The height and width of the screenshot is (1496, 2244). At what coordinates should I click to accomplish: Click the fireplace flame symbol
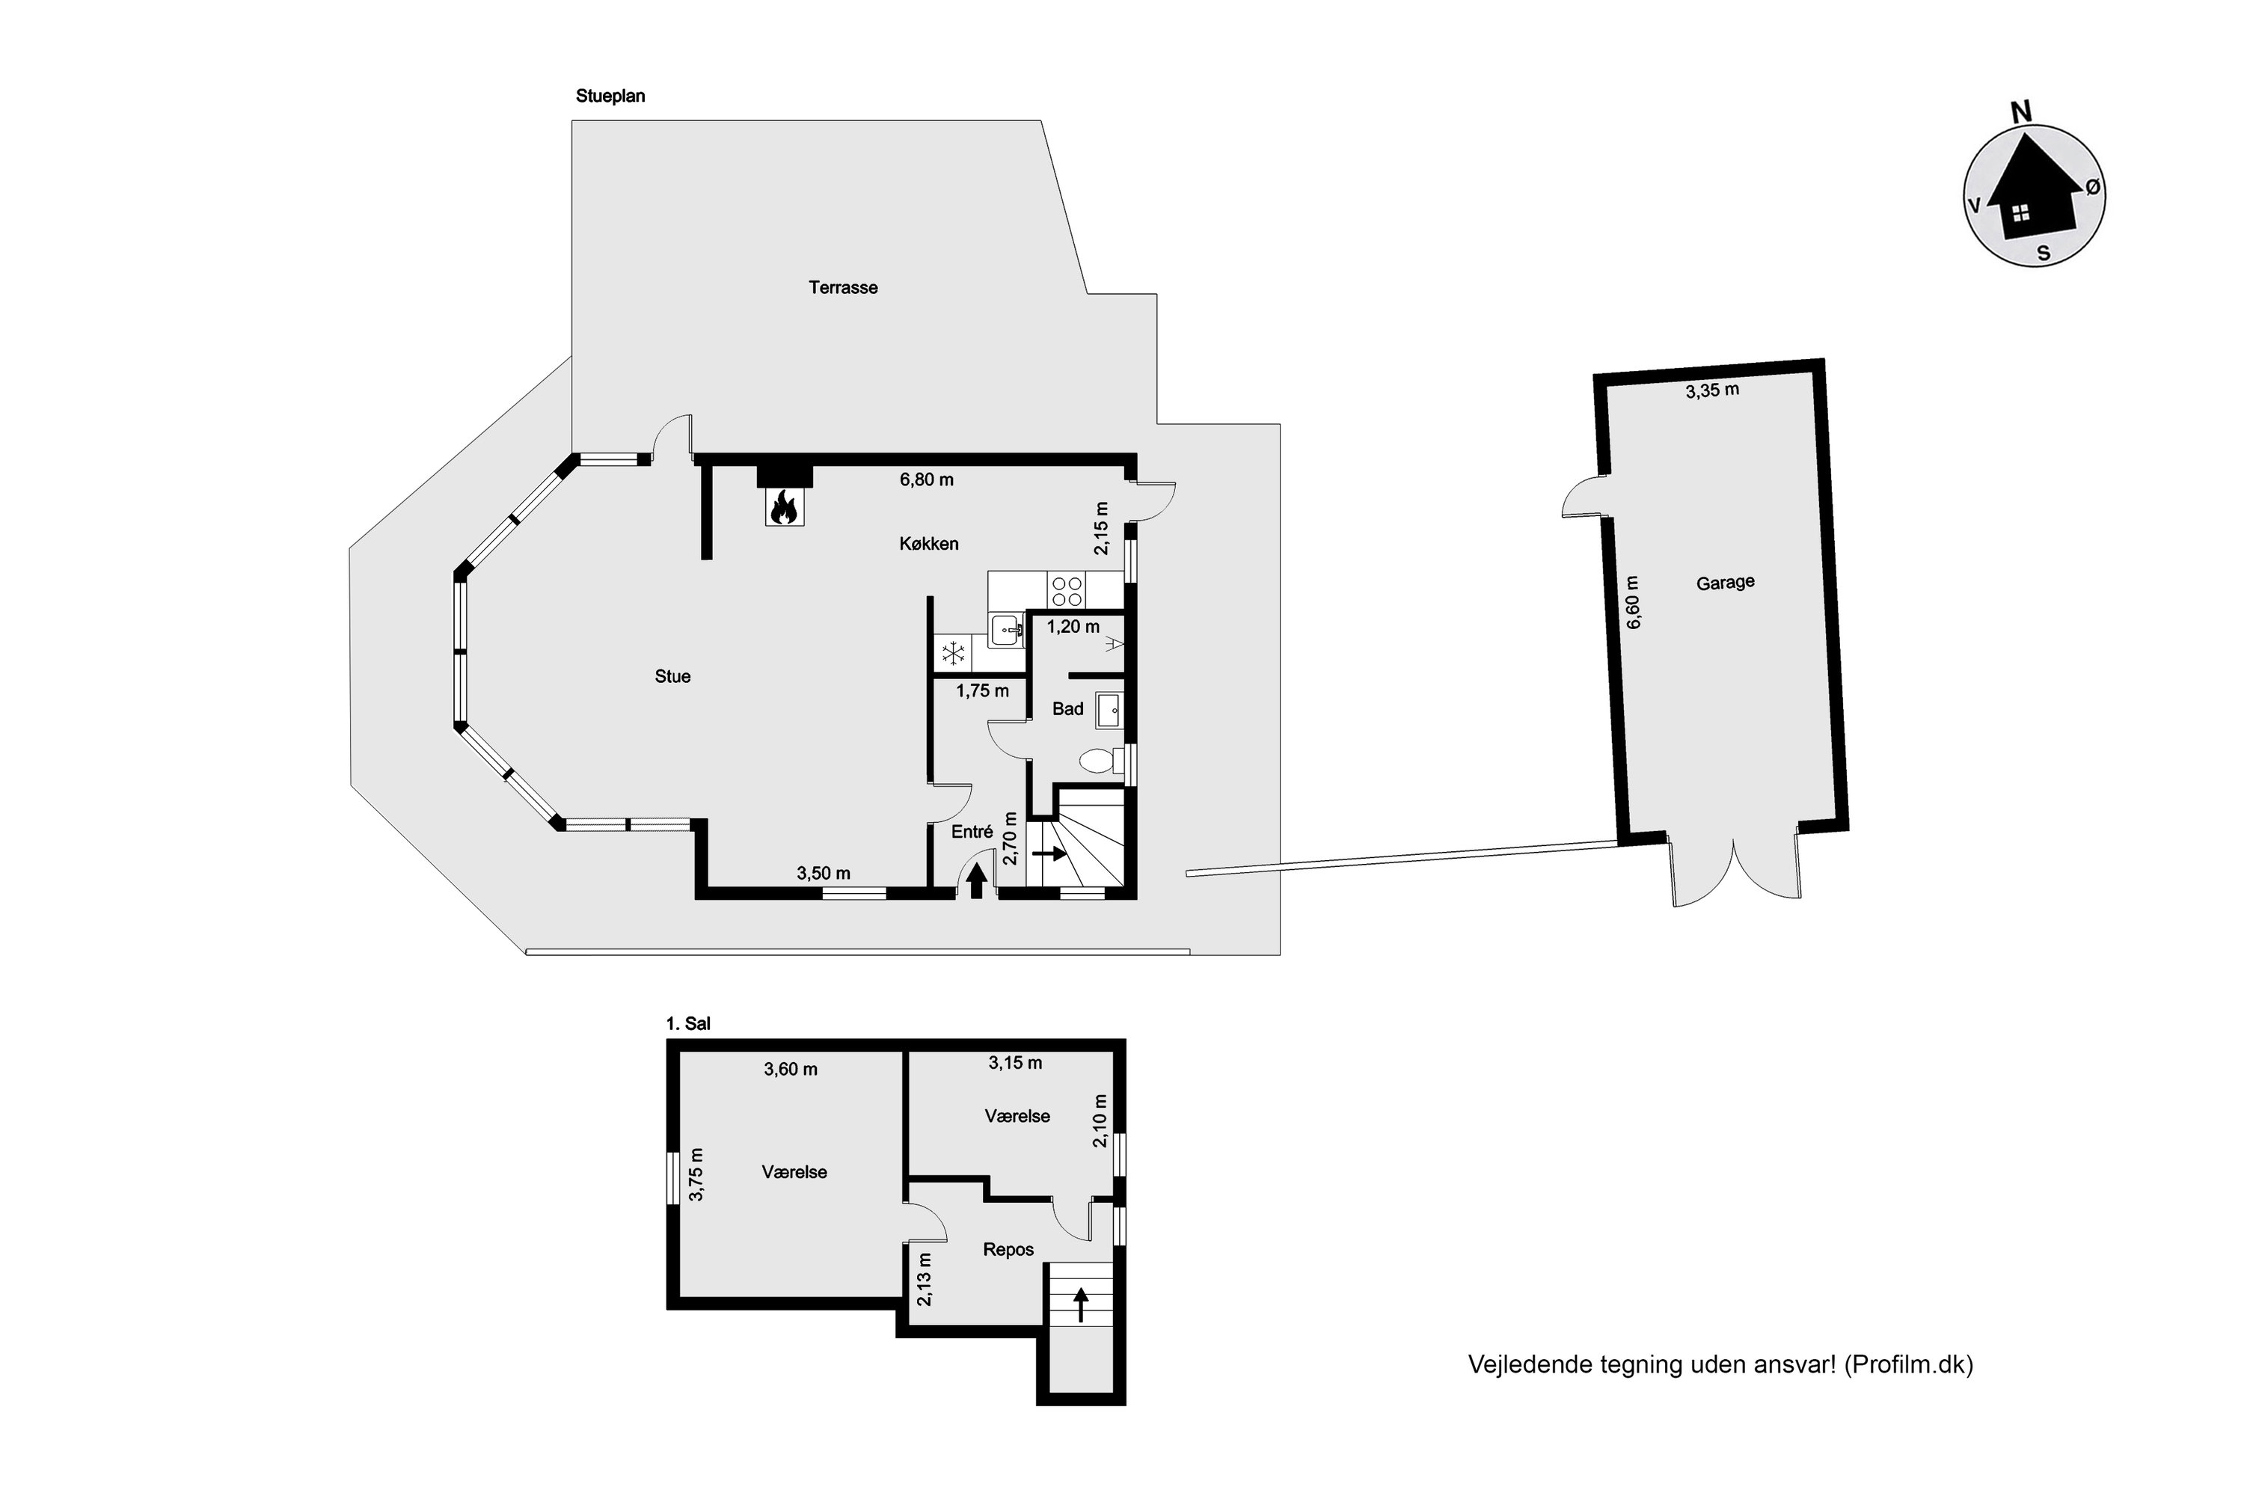pos(783,508)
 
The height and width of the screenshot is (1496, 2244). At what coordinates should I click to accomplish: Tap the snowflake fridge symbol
pos(953,654)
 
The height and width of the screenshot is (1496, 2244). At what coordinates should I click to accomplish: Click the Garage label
pos(1725,582)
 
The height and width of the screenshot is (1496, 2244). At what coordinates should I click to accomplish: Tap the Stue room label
pos(672,676)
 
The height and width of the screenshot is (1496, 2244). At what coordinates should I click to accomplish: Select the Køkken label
pos(928,544)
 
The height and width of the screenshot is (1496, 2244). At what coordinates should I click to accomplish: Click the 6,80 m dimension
pos(927,480)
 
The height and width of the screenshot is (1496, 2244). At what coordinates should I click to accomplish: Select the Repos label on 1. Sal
pos(1008,1250)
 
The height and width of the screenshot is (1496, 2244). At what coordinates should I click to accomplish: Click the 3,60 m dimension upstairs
pos(790,1070)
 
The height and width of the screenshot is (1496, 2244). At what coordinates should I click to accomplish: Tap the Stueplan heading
pos(610,96)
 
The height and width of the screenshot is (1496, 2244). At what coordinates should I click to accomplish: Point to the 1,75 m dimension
pos(983,690)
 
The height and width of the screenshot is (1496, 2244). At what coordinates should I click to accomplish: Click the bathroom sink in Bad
pos(1109,711)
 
